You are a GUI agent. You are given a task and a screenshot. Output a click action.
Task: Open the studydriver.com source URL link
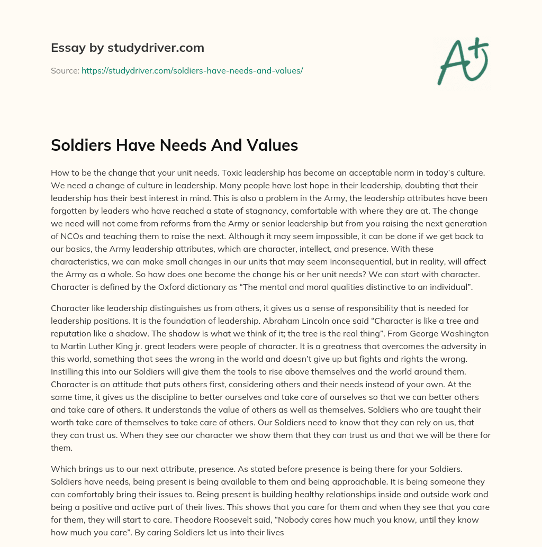click(192, 70)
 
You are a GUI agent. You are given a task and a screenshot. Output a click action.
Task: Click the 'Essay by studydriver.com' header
click(127, 48)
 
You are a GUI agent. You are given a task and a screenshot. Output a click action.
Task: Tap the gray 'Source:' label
click(65, 70)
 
